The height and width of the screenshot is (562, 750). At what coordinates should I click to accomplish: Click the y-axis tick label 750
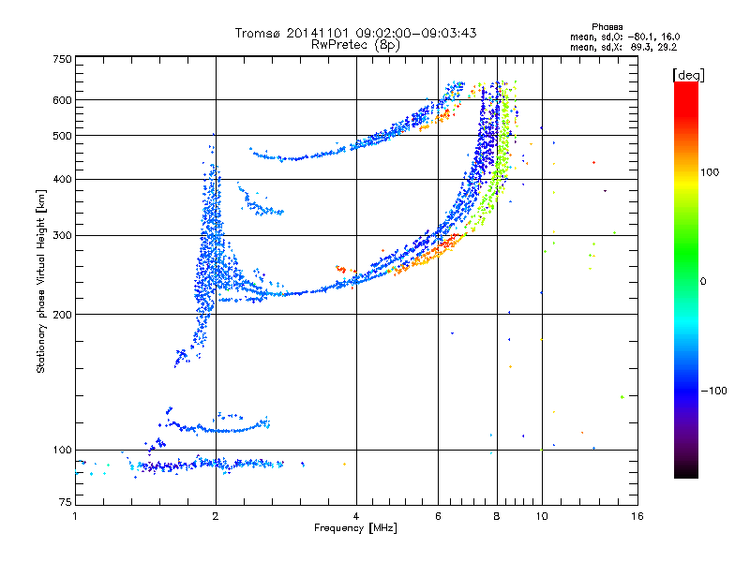[x=62, y=59]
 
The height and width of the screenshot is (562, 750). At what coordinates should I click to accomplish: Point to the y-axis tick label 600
[x=62, y=100]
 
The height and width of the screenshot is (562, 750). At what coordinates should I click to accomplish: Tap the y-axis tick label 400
[x=62, y=179]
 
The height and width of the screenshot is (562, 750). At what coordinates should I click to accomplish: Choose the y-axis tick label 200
[x=62, y=314]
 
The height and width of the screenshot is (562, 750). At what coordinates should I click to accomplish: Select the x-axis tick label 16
[x=637, y=516]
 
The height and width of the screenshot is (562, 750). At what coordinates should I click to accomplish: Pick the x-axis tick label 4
[x=356, y=516]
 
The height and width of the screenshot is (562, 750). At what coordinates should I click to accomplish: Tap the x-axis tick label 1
[x=75, y=516]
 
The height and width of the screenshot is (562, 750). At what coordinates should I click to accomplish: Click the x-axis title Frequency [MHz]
[x=355, y=529]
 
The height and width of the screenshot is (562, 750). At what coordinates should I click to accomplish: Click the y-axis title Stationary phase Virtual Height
[x=41, y=280]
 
